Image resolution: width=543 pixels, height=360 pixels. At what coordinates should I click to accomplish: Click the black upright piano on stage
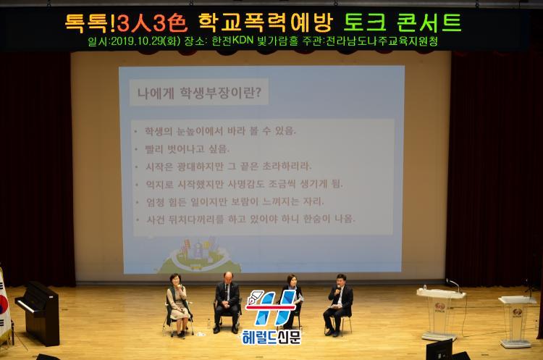coord(38,312)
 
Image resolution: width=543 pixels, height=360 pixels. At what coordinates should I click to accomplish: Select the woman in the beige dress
coord(178,305)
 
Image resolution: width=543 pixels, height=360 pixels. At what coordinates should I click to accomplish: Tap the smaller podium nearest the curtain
coord(517,320)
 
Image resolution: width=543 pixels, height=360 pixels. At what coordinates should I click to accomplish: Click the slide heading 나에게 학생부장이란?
coord(199,93)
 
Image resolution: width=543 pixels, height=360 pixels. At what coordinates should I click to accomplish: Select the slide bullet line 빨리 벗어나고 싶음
coord(188,149)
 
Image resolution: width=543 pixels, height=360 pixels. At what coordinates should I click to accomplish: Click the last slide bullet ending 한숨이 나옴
coord(251,219)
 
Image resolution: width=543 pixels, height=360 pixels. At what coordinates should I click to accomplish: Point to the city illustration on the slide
coord(199,256)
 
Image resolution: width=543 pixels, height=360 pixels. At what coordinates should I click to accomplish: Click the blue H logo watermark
coord(271,308)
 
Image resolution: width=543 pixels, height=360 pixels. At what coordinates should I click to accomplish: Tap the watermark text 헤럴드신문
coord(271,337)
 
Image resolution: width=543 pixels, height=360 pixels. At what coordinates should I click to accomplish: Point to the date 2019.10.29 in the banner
coord(138,41)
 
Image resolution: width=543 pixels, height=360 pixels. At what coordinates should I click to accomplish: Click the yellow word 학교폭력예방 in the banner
coord(265,22)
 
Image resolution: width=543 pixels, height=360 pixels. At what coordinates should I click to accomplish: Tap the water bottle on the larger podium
coord(425,288)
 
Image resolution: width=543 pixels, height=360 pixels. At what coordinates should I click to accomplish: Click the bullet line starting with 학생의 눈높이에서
coord(221,131)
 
